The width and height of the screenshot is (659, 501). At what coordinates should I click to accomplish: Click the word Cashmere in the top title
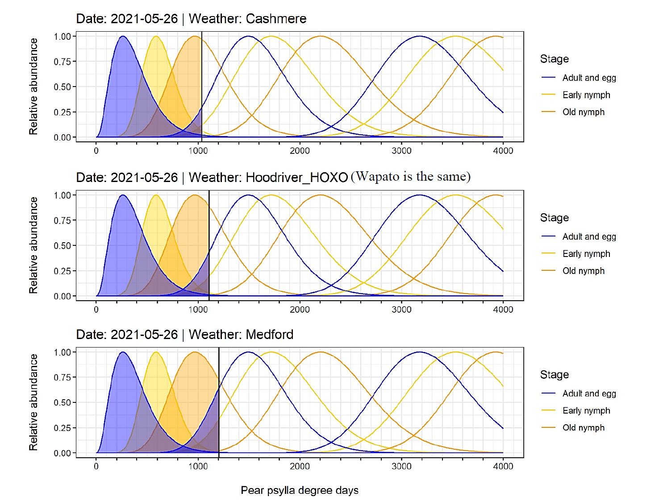tap(276, 19)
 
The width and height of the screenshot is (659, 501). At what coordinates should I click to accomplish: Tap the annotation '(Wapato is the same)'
tap(410, 177)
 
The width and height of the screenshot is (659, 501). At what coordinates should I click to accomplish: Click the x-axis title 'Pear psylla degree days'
tap(299, 490)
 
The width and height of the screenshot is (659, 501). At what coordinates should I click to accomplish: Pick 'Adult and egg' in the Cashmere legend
tap(589, 78)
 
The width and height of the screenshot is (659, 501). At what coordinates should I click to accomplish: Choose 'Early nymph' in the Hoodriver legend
tap(586, 254)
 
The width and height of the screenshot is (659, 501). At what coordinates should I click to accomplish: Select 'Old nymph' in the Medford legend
tap(583, 428)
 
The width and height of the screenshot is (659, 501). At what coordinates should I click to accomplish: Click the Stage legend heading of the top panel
tap(554, 59)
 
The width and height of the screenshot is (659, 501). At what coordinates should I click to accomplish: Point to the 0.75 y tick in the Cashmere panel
tap(62, 62)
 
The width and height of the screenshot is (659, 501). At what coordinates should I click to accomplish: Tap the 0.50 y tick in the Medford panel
tap(62, 403)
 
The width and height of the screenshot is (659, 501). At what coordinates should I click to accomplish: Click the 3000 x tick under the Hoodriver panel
tap(401, 310)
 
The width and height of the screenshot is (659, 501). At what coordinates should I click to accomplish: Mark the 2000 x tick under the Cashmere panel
tap(300, 151)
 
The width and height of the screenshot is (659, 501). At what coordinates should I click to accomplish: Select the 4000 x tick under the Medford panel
tap(503, 466)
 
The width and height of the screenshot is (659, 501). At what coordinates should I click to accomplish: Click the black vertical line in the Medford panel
tap(219, 402)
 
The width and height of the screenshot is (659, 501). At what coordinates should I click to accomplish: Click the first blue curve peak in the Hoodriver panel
tap(122, 195)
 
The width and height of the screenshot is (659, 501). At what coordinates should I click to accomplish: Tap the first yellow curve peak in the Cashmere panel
tap(156, 37)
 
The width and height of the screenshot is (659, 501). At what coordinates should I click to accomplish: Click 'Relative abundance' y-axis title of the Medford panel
tap(33, 402)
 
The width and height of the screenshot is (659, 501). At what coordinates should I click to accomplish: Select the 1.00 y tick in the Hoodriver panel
tap(62, 195)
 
